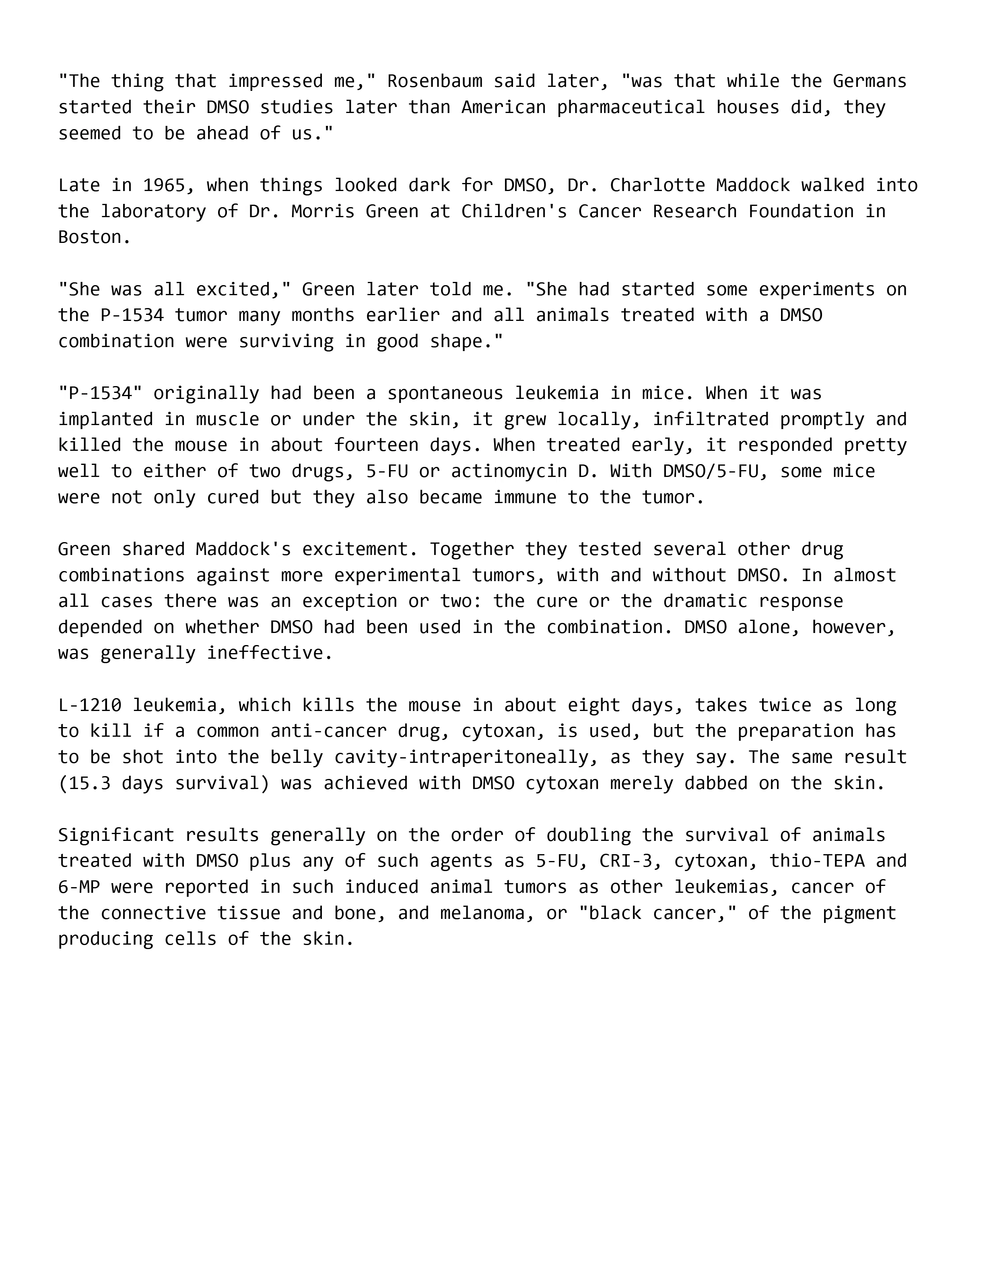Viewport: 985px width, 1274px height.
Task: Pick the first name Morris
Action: click(323, 211)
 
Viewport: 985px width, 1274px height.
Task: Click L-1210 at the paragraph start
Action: click(90, 705)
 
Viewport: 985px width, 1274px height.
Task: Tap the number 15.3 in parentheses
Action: click(90, 783)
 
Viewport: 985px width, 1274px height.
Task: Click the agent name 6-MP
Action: click(79, 887)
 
